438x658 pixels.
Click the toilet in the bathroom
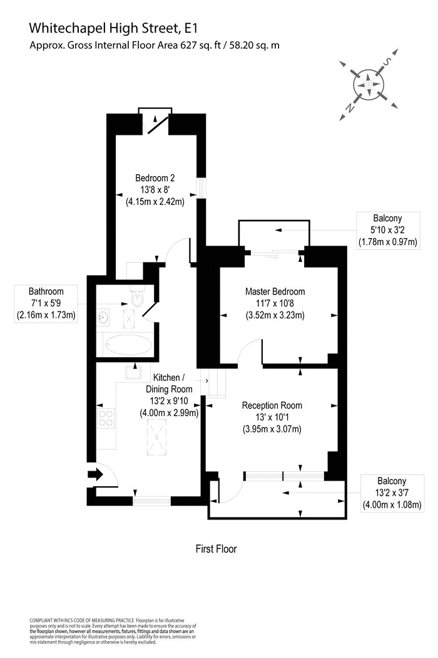pyautogui.click(x=136, y=298)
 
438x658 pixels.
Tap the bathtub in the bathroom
pyautogui.click(x=128, y=345)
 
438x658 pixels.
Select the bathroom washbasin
pyautogui.click(x=103, y=317)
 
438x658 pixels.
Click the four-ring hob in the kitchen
pyautogui.click(x=106, y=417)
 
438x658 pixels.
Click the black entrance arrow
pyautogui.click(x=96, y=474)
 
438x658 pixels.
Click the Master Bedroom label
pyautogui.click(x=275, y=291)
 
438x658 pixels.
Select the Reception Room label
pyautogui.click(x=272, y=405)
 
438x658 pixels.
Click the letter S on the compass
pyautogui.click(x=388, y=61)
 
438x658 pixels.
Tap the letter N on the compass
pyautogui.click(x=349, y=108)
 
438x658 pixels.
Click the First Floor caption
pyautogui.click(x=216, y=549)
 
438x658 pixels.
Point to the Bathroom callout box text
pyautogui.click(x=46, y=303)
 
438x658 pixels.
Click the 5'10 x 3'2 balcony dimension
pyautogui.click(x=388, y=230)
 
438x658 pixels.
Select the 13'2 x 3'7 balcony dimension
pyautogui.click(x=392, y=493)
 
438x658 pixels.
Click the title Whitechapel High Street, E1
pyautogui.click(x=113, y=28)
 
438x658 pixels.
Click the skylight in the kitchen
pyautogui.click(x=157, y=436)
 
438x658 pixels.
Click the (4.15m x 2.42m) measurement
pyautogui.click(x=155, y=201)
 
